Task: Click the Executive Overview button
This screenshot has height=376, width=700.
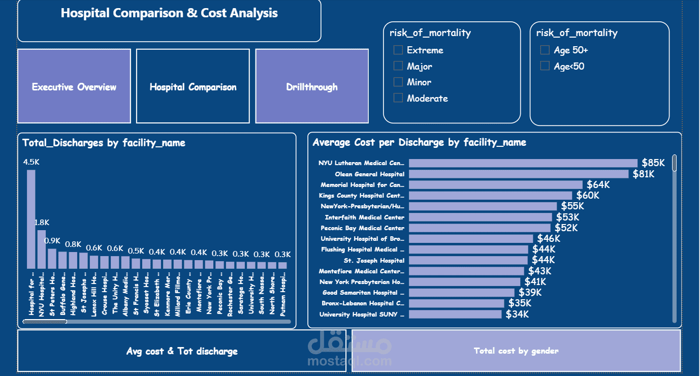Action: tap(74, 86)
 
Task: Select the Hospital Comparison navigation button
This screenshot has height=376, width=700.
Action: tap(193, 86)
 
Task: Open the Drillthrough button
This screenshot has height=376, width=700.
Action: tap(312, 86)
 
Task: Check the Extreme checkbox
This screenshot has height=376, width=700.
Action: tap(398, 50)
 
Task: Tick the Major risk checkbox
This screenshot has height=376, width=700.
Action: tap(398, 66)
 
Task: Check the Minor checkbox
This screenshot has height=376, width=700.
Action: tap(398, 82)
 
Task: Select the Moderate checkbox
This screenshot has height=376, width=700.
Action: tap(398, 98)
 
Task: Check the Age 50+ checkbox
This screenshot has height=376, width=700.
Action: tap(545, 50)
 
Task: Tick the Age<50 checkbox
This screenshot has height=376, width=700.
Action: tap(545, 66)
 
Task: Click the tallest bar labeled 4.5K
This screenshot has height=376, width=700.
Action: tap(31, 218)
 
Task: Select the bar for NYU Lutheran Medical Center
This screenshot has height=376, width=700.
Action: tap(523, 163)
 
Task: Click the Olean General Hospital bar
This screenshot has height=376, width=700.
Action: tap(519, 174)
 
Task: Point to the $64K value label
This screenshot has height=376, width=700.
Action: tap(598, 185)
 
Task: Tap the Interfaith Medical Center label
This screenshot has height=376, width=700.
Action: tap(364, 217)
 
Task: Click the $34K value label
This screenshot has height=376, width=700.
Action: tap(517, 315)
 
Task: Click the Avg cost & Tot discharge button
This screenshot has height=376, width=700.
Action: tap(182, 351)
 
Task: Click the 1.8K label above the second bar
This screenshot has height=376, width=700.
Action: tap(42, 223)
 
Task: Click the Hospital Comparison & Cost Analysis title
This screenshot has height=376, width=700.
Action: tap(169, 13)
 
